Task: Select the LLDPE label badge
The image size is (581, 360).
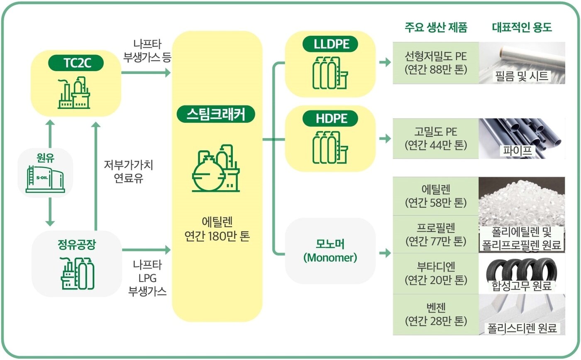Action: pyautogui.click(x=330, y=44)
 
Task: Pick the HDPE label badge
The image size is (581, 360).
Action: pyautogui.click(x=330, y=119)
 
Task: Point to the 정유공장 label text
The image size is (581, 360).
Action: pyautogui.click(x=76, y=245)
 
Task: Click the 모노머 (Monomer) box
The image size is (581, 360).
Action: pyautogui.click(x=330, y=251)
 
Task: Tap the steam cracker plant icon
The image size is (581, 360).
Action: pyautogui.click(x=216, y=168)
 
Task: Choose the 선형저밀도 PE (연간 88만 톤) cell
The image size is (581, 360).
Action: pyautogui.click(x=435, y=63)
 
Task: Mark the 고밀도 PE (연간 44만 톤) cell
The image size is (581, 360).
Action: pyautogui.click(x=435, y=139)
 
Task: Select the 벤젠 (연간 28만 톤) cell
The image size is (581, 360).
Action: pyautogui.click(x=435, y=314)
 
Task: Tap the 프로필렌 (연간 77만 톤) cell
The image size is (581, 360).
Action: pyautogui.click(x=435, y=234)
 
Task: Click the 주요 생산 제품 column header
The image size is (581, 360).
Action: pyautogui.click(x=436, y=28)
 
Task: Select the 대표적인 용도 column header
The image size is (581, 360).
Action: pyautogui.click(x=522, y=28)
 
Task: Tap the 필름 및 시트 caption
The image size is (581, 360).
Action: pyautogui.click(x=522, y=76)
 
